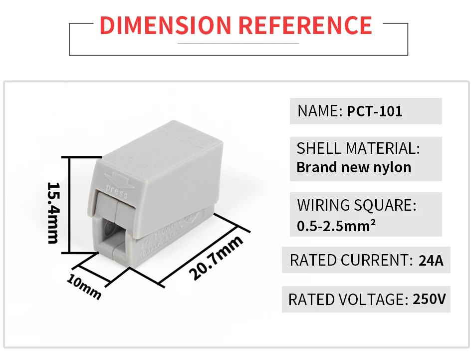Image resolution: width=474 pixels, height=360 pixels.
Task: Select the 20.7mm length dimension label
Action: (x=216, y=258)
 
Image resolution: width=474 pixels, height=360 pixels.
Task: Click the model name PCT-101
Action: (x=374, y=111)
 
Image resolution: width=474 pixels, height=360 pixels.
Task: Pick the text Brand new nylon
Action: (x=354, y=167)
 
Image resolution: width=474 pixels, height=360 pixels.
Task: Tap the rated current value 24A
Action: (x=432, y=260)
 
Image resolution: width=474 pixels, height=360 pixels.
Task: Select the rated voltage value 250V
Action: (x=429, y=299)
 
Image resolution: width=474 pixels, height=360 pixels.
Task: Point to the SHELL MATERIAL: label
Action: (x=358, y=148)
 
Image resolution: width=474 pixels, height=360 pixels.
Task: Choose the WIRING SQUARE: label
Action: (x=356, y=205)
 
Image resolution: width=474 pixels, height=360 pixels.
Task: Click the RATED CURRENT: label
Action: (x=349, y=260)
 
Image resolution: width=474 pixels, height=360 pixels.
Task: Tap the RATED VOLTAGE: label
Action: (x=347, y=299)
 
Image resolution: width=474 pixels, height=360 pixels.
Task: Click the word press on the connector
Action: (x=117, y=193)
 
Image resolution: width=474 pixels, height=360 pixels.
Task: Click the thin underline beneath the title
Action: (x=238, y=43)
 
